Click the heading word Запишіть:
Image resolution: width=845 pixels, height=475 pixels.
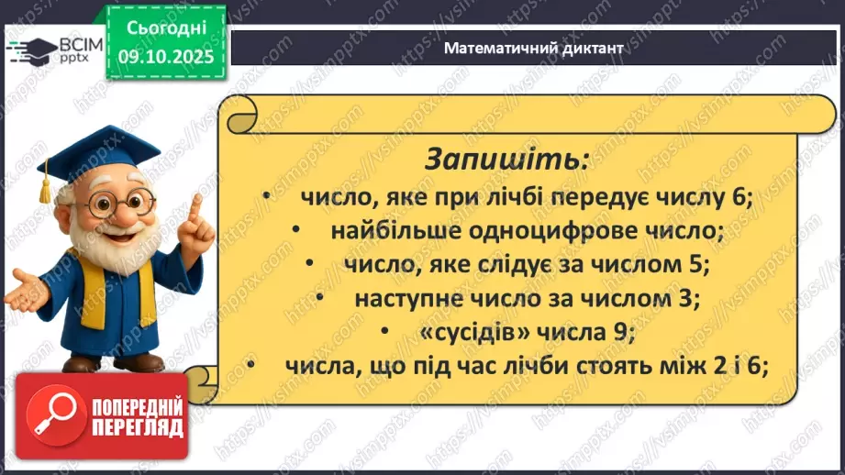(506, 159)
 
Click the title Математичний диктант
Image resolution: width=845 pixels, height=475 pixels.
(533, 48)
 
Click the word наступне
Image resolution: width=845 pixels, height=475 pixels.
(405, 298)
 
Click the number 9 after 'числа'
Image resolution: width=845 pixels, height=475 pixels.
(624, 332)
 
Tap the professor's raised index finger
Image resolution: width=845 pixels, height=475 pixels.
(194, 209)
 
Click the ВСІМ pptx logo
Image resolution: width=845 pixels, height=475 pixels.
(53, 48)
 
